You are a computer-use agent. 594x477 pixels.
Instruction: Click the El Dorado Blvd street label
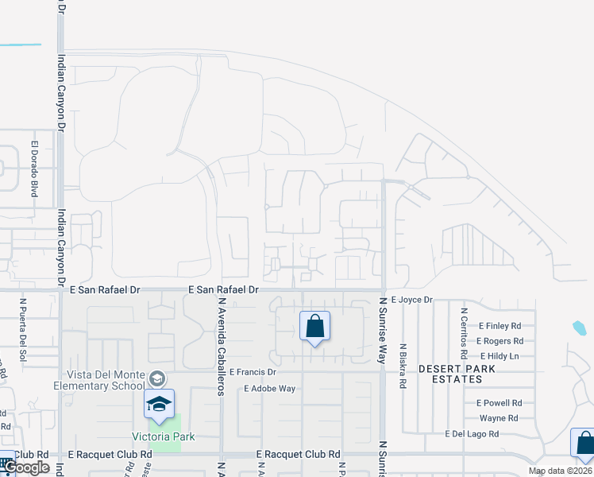click(35, 169)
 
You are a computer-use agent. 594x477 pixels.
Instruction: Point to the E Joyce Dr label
click(412, 300)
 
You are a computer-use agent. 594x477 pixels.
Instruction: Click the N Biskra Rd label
click(403, 366)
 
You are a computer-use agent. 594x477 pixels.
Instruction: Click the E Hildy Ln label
click(499, 355)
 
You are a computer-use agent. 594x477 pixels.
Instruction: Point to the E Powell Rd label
click(499, 403)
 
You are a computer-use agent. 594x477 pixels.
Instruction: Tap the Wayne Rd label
click(499, 418)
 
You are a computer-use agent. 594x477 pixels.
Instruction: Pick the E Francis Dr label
click(253, 372)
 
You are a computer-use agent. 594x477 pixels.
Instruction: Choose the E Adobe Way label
click(270, 389)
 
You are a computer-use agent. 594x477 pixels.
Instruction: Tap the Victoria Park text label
click(164, 436)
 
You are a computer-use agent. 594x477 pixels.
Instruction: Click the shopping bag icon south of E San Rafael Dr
click(314, 326)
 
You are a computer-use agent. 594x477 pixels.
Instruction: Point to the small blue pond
click(579, 328)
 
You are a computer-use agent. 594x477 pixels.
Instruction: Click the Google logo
click(27, 467)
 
